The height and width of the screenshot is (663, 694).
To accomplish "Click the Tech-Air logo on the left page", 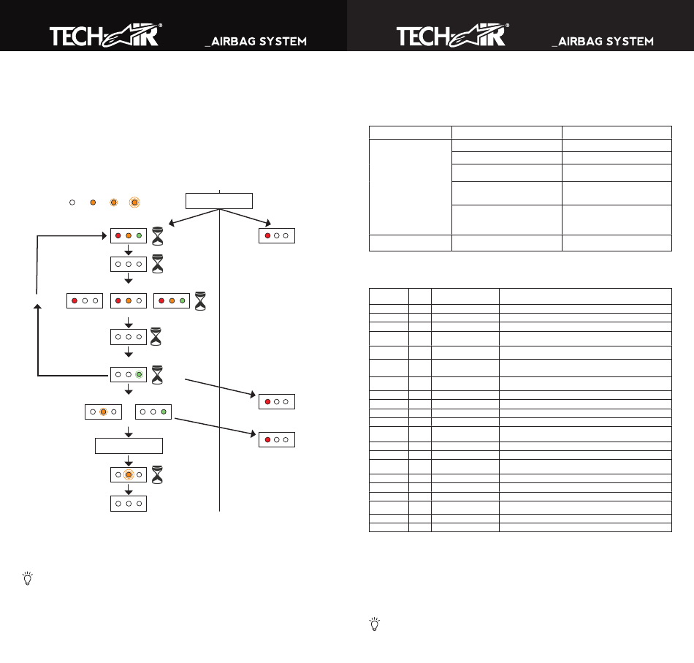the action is [x=106, y=35].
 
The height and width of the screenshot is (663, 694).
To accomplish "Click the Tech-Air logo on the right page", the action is [x=453, y=35].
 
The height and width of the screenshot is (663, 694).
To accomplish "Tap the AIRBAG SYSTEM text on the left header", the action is [x=256, y=42].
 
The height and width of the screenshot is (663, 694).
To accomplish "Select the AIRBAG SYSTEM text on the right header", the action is [x=603, y=42].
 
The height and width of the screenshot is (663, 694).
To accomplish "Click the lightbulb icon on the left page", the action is [x=28, y=578].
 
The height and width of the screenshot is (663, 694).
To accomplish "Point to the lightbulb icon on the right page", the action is [x=375, y=624].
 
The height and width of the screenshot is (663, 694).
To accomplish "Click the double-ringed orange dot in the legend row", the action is [x=134, y=202].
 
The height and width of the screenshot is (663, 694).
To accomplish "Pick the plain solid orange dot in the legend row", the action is [x=93, y=202].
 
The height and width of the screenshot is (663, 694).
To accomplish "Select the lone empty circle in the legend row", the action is [x=72, y=202].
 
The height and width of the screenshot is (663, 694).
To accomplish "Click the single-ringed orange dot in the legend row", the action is [x=114, y=202].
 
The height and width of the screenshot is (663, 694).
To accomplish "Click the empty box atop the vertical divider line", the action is [x=219, y=200].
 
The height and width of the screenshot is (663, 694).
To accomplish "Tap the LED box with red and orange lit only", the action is [x=129, y=300].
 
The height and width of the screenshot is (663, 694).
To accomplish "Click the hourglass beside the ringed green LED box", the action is [x=157, y=375].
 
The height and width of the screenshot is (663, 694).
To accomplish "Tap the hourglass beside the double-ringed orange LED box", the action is [x=157, y=475].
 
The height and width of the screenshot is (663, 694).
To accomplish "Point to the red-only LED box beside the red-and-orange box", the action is [x=85, y=300].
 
